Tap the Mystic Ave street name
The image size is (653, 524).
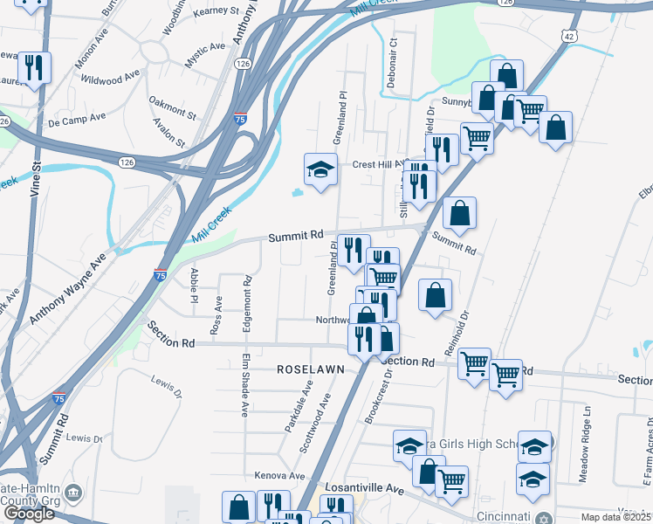204,58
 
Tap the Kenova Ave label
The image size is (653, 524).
280,476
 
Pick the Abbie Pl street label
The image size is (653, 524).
193,286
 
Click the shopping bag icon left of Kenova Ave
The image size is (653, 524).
238,507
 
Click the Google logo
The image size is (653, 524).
29,514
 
